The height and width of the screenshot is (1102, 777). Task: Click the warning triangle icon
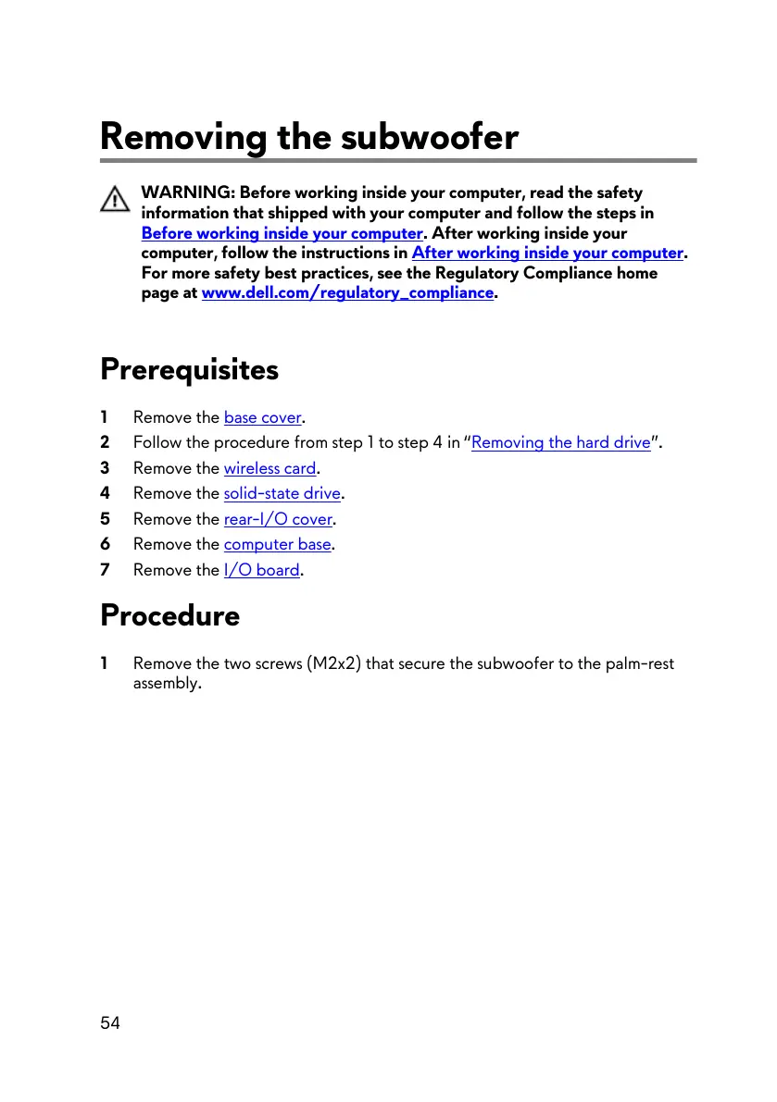click(x=115, y=200)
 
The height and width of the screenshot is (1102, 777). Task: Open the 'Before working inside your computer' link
click(x=282, y=233)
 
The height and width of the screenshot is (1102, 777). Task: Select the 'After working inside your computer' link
click(x=547, y=253)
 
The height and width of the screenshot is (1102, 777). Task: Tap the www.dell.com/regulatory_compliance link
click(x=347, y=293)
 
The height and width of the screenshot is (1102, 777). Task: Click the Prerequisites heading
click(x=189, y=369)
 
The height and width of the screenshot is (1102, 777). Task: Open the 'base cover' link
click(x=263, y=417)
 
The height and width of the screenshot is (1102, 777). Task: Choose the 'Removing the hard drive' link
click(x=561, y=442)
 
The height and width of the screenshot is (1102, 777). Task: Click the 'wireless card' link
click(x=269, y=468)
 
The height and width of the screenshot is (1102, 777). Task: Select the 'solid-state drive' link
click(x=282, y=493)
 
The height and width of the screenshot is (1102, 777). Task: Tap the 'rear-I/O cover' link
click(x=278, y=519)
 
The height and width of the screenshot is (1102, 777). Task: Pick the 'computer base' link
click(x=277, y=544)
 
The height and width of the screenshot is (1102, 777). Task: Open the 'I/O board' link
click(x=262, y=570)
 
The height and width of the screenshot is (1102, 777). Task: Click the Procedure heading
click(x=169, y=615)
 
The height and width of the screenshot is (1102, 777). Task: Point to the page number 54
click(x=110, y=1022)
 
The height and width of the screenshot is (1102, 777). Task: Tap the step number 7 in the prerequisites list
click(x=106, y=570)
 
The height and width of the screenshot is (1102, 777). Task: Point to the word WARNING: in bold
click(x=188, y=192)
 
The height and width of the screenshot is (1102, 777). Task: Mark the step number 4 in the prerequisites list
click(x=106, y=493)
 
